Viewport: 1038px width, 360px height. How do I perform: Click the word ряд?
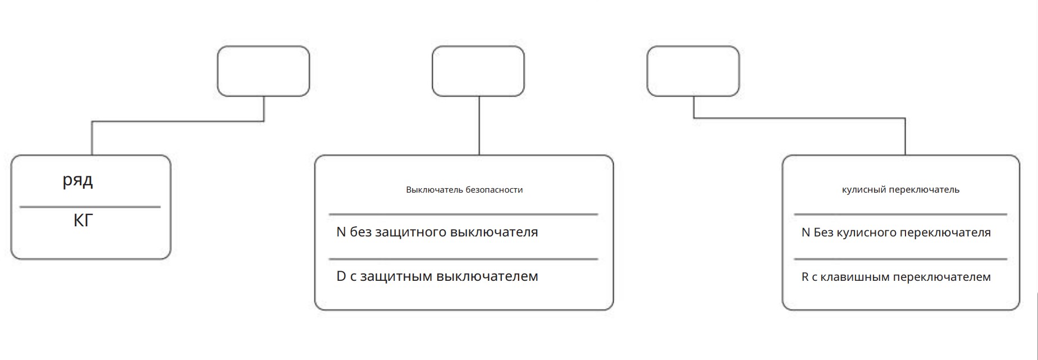[x=77, y=181]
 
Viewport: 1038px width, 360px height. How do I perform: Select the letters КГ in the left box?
[x=83, y=220]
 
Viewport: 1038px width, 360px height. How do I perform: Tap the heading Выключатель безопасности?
[x=464, y=190]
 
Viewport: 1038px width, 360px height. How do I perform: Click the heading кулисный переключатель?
[x=900, y=190]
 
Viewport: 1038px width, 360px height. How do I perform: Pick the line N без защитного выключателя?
[x=437, y=232]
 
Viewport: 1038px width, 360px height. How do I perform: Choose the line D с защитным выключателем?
[x=437, y=276]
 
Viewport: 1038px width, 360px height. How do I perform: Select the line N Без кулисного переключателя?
[x=896, y=233]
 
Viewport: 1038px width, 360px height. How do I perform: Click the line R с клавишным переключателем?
[x=896, y=277]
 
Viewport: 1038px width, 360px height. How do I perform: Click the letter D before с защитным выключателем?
[x=341, y=276]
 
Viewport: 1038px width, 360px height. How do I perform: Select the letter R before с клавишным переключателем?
[x=805, y=277]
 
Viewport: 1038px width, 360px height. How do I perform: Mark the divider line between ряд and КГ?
[x=90, y=207]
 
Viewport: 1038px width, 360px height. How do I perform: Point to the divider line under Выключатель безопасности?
[x=463, y=214]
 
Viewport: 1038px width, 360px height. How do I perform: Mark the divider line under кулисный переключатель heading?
[x=900, y=214]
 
